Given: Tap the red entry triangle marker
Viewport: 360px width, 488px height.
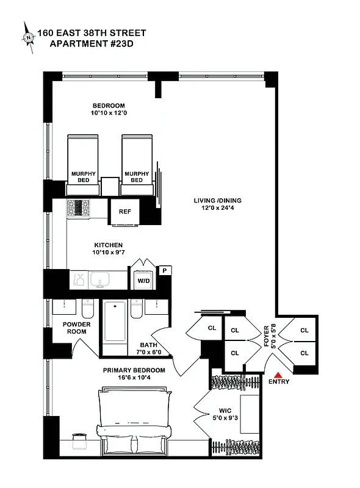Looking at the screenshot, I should click(x=278, y=375).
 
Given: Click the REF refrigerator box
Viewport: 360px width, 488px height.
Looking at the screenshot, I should click(x=124, y=212).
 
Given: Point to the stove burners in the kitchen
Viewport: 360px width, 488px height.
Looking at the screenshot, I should click(x=77, y=208).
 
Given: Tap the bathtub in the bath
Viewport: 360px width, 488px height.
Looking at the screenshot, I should click(x=114, y=323).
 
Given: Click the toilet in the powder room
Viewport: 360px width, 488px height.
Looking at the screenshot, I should click(x=88, y=309).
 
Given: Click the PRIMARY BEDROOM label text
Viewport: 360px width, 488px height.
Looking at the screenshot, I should click(x=134, y=370).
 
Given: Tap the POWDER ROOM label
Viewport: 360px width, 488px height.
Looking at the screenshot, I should click(x=76, y=328).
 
